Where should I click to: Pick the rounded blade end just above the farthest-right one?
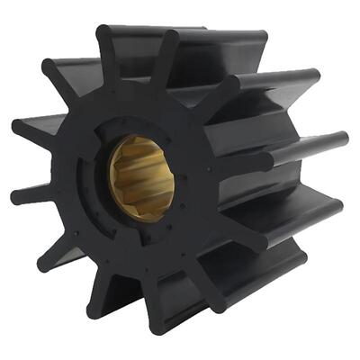click(x=313, y=79)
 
